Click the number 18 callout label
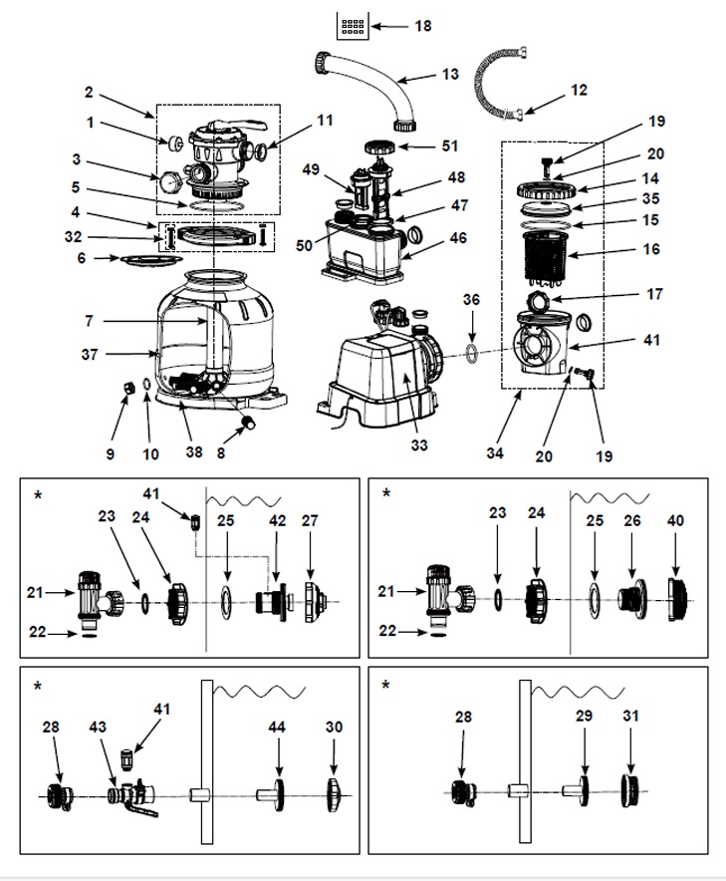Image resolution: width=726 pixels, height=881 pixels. pos(423,26)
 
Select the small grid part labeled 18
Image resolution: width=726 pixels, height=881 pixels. pos(353,27)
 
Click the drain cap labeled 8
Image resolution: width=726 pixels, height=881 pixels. pos(240,431)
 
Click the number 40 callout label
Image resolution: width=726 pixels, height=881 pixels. pos(676,520)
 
